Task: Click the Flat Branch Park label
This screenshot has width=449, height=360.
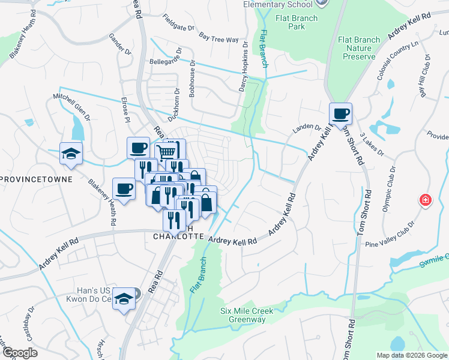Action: (x=297, y=22)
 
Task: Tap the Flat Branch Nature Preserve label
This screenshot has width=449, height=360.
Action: (x=359, y=48)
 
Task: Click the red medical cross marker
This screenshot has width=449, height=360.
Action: (x=426, y=199)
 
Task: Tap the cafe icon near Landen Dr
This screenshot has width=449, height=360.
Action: (x=340, y=113)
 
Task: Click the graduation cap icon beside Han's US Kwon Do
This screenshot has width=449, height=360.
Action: (x=124, y=298)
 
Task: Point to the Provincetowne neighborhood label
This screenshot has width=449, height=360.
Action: (x=37, y=179)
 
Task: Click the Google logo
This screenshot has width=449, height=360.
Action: (x=19, y=353)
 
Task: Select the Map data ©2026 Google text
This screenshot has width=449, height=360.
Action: (x=411, y=355)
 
